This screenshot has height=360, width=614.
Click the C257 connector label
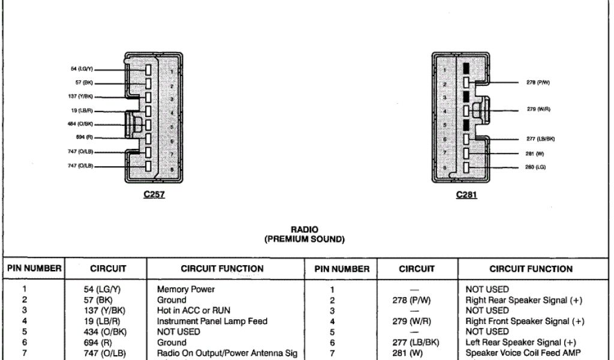pyautogui.click(x=154, y=194)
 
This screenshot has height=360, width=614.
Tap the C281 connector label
pyautogui.click(x=466, y=194)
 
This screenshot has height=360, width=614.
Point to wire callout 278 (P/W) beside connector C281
pyautogui.click(x=538, y=83)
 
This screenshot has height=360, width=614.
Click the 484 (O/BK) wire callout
pyautogui.click(x=80, y=124)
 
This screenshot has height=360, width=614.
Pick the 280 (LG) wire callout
pyautogui.click(x=536, y=166)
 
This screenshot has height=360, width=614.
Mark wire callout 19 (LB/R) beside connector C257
pyautogui.click(x=81, y=110)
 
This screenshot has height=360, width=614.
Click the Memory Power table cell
pyautogui.click(x=186, y=289)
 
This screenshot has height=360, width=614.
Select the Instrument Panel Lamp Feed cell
pyautogui.click(x=212, y=321)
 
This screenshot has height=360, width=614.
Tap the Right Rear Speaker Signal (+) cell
pyautogui.click(x=523, y=300)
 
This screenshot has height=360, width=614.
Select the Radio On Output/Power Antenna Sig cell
pyautogui.click(x=227, y=353)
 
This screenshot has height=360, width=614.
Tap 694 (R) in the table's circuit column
pyautogui.click(x=100, y=342)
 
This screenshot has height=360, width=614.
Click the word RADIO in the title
pyautogui.click(x=304, y=229)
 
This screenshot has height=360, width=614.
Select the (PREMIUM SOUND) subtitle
pyautogui.click(x=304, y=239)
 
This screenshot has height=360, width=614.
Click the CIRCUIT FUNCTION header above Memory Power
pyautogui.click(x=222, y=269)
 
